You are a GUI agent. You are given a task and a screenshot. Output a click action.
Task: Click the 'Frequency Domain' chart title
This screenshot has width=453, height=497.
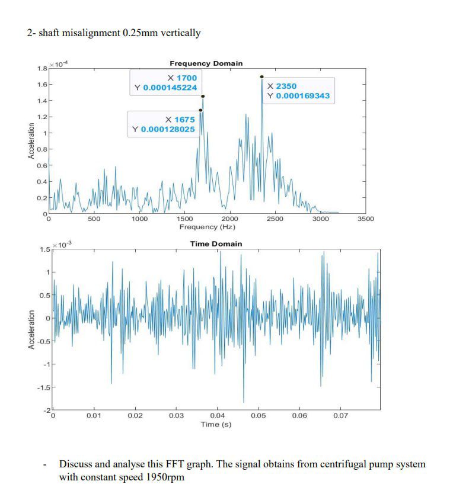click(x=206, y=63)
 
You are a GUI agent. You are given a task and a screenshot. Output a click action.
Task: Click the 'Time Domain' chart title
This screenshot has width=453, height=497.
click(x=216, y=244)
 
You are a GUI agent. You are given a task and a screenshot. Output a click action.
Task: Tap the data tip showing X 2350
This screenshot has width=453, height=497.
click(x=298, y=91)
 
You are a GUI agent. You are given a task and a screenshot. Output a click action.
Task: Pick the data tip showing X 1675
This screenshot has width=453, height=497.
click(x=164, y=124)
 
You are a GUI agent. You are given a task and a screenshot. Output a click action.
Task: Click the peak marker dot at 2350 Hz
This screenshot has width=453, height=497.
click(x=261, y=77)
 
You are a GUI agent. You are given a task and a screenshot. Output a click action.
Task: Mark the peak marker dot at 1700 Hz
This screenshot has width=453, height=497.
click(x=203, y=96)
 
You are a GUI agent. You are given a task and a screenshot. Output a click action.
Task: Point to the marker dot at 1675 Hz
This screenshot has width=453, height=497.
click(x=200, y=110)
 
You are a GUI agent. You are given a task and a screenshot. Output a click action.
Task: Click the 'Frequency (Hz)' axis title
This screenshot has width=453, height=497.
click(x=207, y=227)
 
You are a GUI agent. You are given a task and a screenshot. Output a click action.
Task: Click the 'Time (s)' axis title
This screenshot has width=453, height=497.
click(x=216, y=424)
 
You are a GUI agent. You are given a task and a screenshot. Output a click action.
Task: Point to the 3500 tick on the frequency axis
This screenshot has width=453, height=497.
click(x=366, y=219)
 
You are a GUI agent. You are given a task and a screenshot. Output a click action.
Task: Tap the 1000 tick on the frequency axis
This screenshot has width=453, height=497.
click(x=139, y=219)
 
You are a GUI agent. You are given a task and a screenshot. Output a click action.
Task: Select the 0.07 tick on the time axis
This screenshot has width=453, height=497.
click(x=340, y=416)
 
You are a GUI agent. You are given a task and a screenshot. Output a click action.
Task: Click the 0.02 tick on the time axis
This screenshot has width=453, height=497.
click(x=135, y=416)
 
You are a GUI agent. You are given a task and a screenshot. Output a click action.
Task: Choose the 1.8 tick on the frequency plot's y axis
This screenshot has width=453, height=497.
click(x=42, y=69)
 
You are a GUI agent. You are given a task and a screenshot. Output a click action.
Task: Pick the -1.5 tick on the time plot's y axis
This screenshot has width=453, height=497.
click(x=43, y=388)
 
